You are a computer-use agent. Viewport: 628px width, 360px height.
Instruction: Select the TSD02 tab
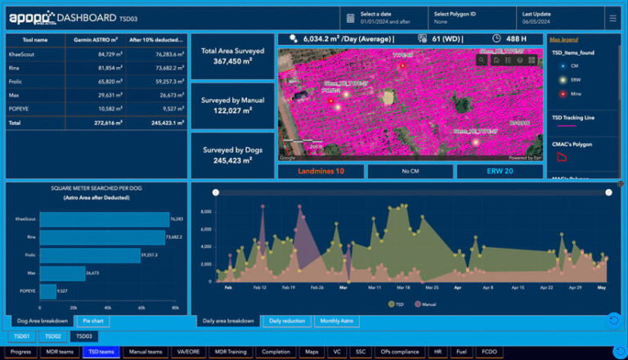coord(52,336)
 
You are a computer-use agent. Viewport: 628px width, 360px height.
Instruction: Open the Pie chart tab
coord(92,322)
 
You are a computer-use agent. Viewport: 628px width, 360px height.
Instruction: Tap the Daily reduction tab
coord(286,322)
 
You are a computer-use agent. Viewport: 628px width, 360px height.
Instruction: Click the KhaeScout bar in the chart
coord(104,219)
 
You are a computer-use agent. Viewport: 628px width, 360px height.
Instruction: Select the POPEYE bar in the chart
coord(48,290)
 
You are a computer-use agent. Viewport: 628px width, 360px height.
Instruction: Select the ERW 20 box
coord(499,171)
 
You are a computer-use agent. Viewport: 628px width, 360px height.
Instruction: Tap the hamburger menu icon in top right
coord(612,17)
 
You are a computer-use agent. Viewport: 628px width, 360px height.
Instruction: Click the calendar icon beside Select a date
coord(350,17)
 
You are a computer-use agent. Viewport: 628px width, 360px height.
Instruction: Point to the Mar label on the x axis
coord(343,288)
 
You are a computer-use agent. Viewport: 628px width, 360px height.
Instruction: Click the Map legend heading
coord(563,39)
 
